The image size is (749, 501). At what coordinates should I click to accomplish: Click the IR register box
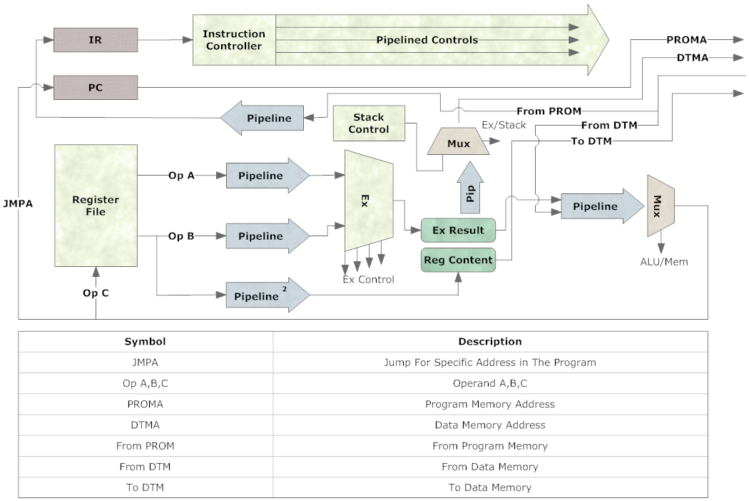point(96,40)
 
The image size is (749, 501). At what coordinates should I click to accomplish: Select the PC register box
point(96,88)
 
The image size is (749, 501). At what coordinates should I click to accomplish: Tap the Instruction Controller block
point(233,40)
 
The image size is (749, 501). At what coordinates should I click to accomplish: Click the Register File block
point(96,206)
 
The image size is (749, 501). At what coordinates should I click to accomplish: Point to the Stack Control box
point(369,123)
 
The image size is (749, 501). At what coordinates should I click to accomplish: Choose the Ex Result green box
point(458,230)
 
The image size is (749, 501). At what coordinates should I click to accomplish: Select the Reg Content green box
point(458,260)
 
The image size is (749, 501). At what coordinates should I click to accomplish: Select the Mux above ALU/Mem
point(661,206)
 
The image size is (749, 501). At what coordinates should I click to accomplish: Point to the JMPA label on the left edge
point(17,203)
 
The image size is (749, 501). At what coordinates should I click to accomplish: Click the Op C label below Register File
point(96,293)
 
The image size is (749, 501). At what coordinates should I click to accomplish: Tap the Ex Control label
point(368,279)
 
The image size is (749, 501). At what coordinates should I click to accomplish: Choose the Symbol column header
point(145,342)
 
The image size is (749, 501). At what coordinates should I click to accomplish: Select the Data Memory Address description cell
point(489,425)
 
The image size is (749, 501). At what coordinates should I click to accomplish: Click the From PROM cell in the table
point(145,445)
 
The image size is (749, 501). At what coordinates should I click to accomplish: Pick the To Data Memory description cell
point(489,487)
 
